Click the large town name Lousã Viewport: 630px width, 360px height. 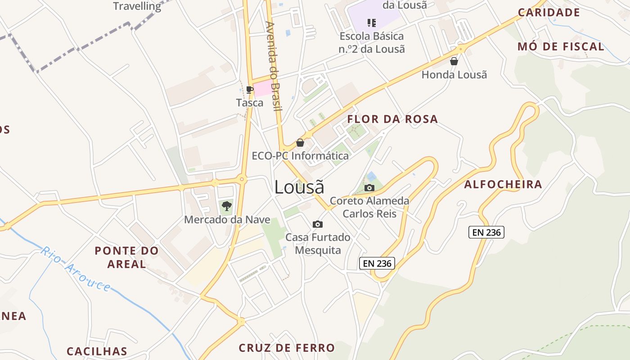coord(299,187)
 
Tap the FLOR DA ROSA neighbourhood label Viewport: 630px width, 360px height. coord(392,119)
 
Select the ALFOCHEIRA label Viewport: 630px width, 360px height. coord(503,184)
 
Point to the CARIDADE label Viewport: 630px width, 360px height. coord(549,12)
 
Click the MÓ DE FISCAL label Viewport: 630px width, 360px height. coord(561,46)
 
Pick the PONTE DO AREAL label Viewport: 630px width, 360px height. coord(126,257)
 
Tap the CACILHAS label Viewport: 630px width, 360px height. coord(97,351)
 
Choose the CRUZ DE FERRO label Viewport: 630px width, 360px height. coord(287,348)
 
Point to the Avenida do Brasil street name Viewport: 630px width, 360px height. coord(273,66)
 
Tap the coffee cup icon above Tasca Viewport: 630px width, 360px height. coord(250,90)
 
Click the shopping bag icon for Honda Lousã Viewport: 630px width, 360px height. coord(454,61)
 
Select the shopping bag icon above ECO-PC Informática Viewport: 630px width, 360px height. coord(300,143)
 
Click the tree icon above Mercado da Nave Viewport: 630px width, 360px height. coord(227,207)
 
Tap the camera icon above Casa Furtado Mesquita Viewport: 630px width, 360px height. coord(318,224)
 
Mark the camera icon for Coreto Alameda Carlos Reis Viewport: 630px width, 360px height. coord(369,188)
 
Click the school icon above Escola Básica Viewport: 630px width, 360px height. coord(372,22)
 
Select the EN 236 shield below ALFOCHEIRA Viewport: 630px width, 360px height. coord(486,232)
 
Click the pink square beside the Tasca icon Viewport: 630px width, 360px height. coord(263,89)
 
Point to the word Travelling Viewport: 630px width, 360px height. coord(137,6)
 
